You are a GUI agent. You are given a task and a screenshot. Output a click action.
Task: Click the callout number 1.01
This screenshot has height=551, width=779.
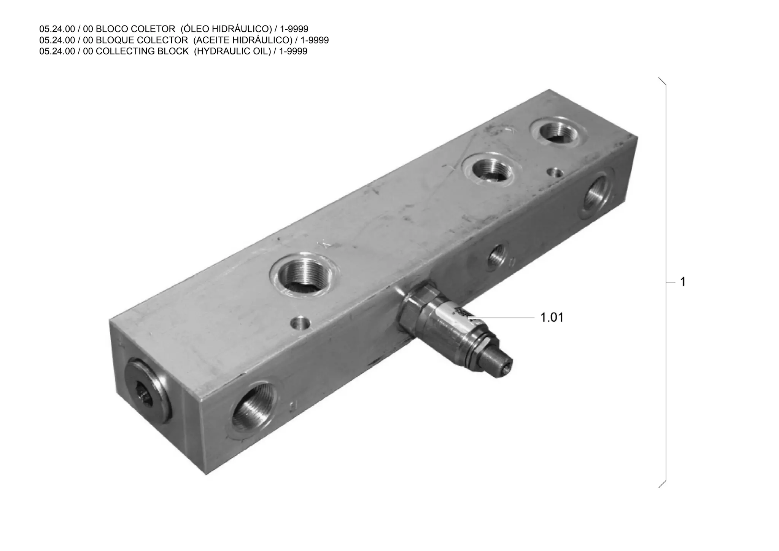click(552, 317)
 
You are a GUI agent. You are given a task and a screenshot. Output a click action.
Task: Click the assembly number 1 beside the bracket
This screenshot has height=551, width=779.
click(683, 282)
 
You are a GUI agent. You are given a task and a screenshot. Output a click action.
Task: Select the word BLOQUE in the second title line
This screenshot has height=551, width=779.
click(116, 40)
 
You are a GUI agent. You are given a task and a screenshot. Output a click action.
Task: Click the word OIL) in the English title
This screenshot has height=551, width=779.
click(262, 51)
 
